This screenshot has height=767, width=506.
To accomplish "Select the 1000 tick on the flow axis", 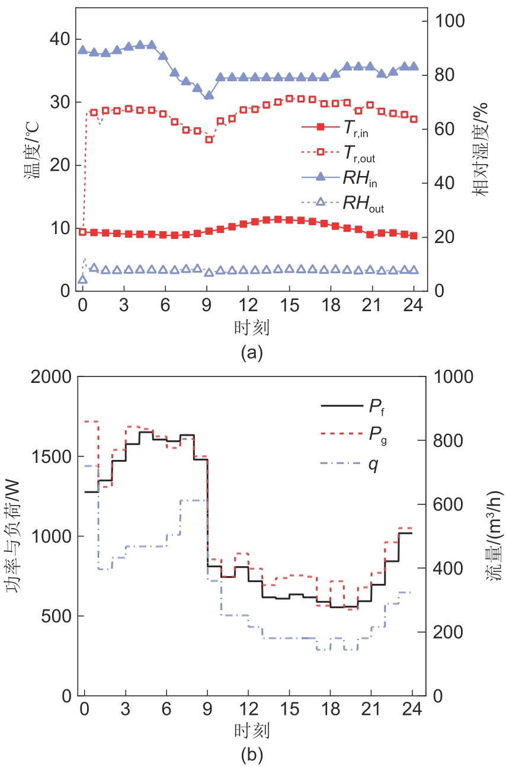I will [450, 378].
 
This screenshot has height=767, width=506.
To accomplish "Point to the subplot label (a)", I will [251, 353].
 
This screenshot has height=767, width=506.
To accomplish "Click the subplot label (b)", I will [251, 755].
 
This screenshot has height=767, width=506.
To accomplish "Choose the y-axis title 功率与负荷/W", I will [16, 536].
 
